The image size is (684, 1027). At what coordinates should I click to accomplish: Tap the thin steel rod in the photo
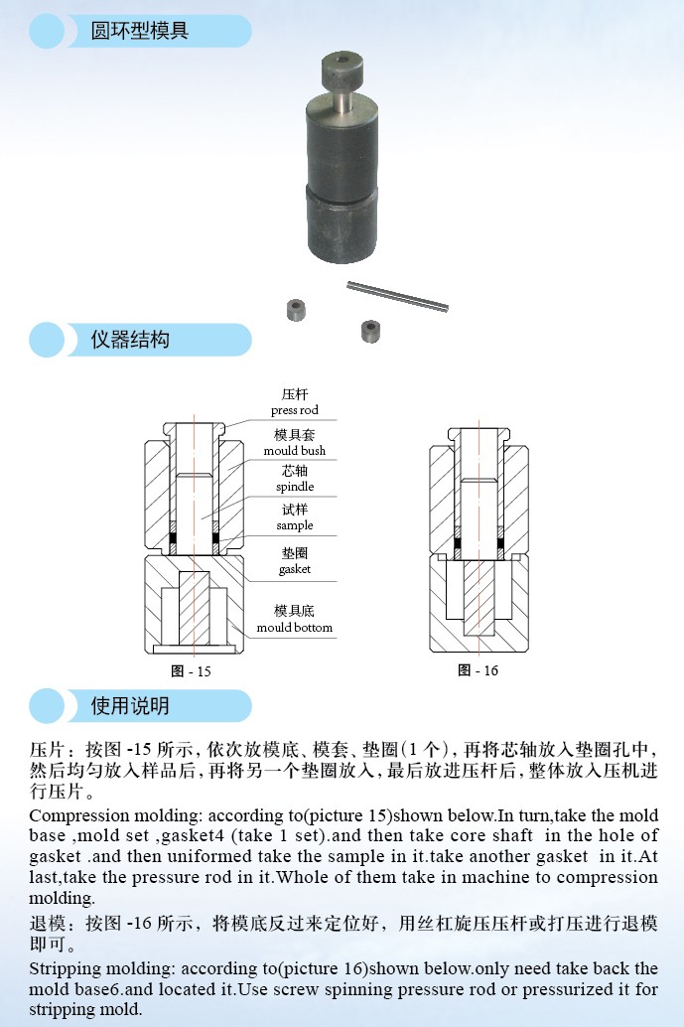pyautogui.click(x=397, y=296)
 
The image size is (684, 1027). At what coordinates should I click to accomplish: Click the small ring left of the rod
pyautogui.click(x=294, y=308)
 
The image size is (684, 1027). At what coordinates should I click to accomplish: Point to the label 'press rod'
pyautogui.click(x=295, y=410)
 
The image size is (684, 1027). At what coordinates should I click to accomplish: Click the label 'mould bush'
pyautogui.click(x=295, y=451)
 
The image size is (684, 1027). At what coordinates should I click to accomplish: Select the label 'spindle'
pyautogui.click(x=295, y=487)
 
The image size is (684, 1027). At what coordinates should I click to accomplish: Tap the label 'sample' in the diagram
pyautogui.click(x=295, y=525)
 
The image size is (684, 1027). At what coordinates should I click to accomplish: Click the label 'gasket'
pyautogui.click(x=295, y=569)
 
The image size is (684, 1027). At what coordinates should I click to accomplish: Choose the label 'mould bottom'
pyautogui.click(x=295, y=628)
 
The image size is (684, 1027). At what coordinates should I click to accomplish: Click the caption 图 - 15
pyautogui.click(x=191, y=671)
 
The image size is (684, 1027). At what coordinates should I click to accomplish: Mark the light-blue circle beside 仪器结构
pyautogui.click(x=47, y=340)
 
